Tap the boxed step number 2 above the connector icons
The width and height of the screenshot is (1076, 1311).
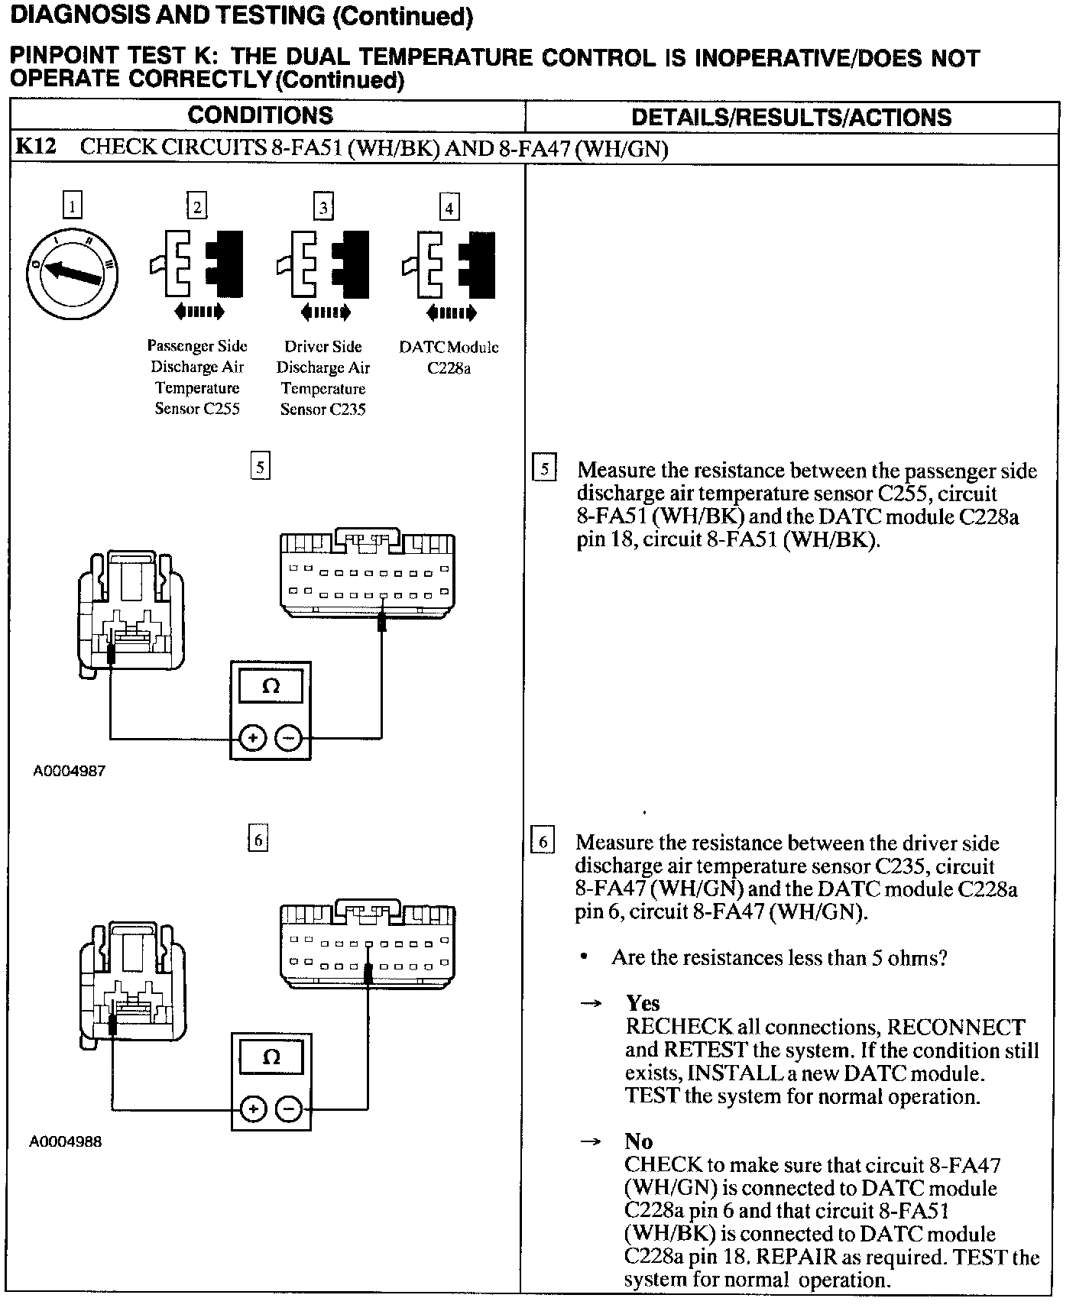(x=197, y=207)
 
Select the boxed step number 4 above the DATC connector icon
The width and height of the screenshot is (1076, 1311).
(x=449, y=208)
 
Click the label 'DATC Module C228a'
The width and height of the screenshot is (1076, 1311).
(x=449, y=358)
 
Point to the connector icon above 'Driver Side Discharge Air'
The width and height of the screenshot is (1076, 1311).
(x=322, y=264)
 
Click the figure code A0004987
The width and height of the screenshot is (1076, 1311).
(x=69, y=771)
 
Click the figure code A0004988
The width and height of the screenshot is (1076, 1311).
(x=66, y=1142)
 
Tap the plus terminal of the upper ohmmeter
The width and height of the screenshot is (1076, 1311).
(x=253, y=738)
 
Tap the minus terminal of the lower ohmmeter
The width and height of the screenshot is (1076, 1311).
(x=288, y=1109)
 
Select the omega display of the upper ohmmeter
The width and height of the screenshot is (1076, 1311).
(x=271, y=687)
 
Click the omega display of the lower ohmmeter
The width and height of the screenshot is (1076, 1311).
(x=271, y=1058)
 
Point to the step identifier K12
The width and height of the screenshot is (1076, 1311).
(x=36, y=147)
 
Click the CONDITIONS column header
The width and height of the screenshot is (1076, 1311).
(x=261, y=115)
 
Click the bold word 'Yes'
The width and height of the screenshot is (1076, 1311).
(x=643, y=1002)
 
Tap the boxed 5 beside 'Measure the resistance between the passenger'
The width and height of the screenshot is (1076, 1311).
(x=544, y=468)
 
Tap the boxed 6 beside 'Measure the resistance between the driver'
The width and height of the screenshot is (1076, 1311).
(x=543, y=841)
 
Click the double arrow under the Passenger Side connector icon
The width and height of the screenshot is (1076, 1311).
(x=199, y=311)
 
